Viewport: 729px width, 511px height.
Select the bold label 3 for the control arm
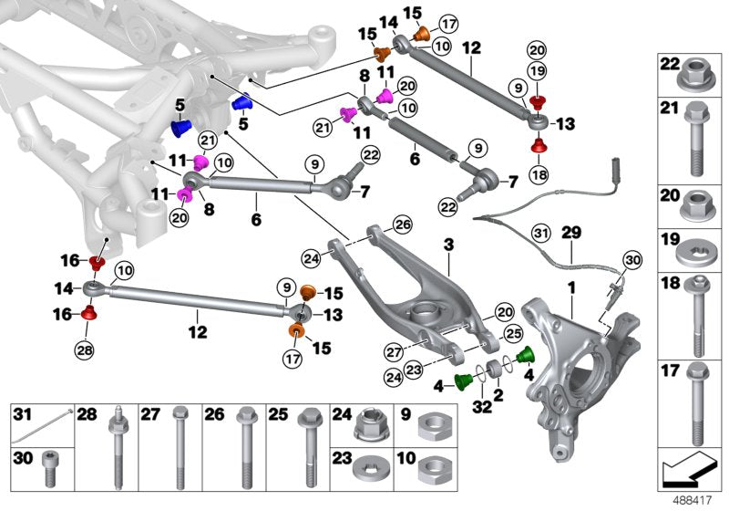448,247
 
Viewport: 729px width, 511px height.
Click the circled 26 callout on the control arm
403,224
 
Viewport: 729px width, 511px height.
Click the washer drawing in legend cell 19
695,246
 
